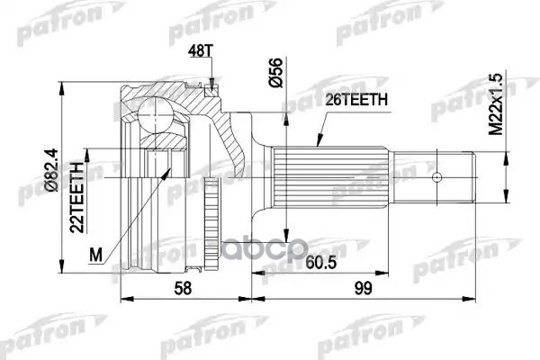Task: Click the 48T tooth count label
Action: click(201, 50)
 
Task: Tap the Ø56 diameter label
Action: click(276, 72)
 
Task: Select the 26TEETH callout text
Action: click(356, 100)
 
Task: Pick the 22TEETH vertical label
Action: click(76, 197)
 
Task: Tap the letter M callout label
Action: click(95, 256)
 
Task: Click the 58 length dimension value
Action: click(183, 288)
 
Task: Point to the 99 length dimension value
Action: click(363, 288)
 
